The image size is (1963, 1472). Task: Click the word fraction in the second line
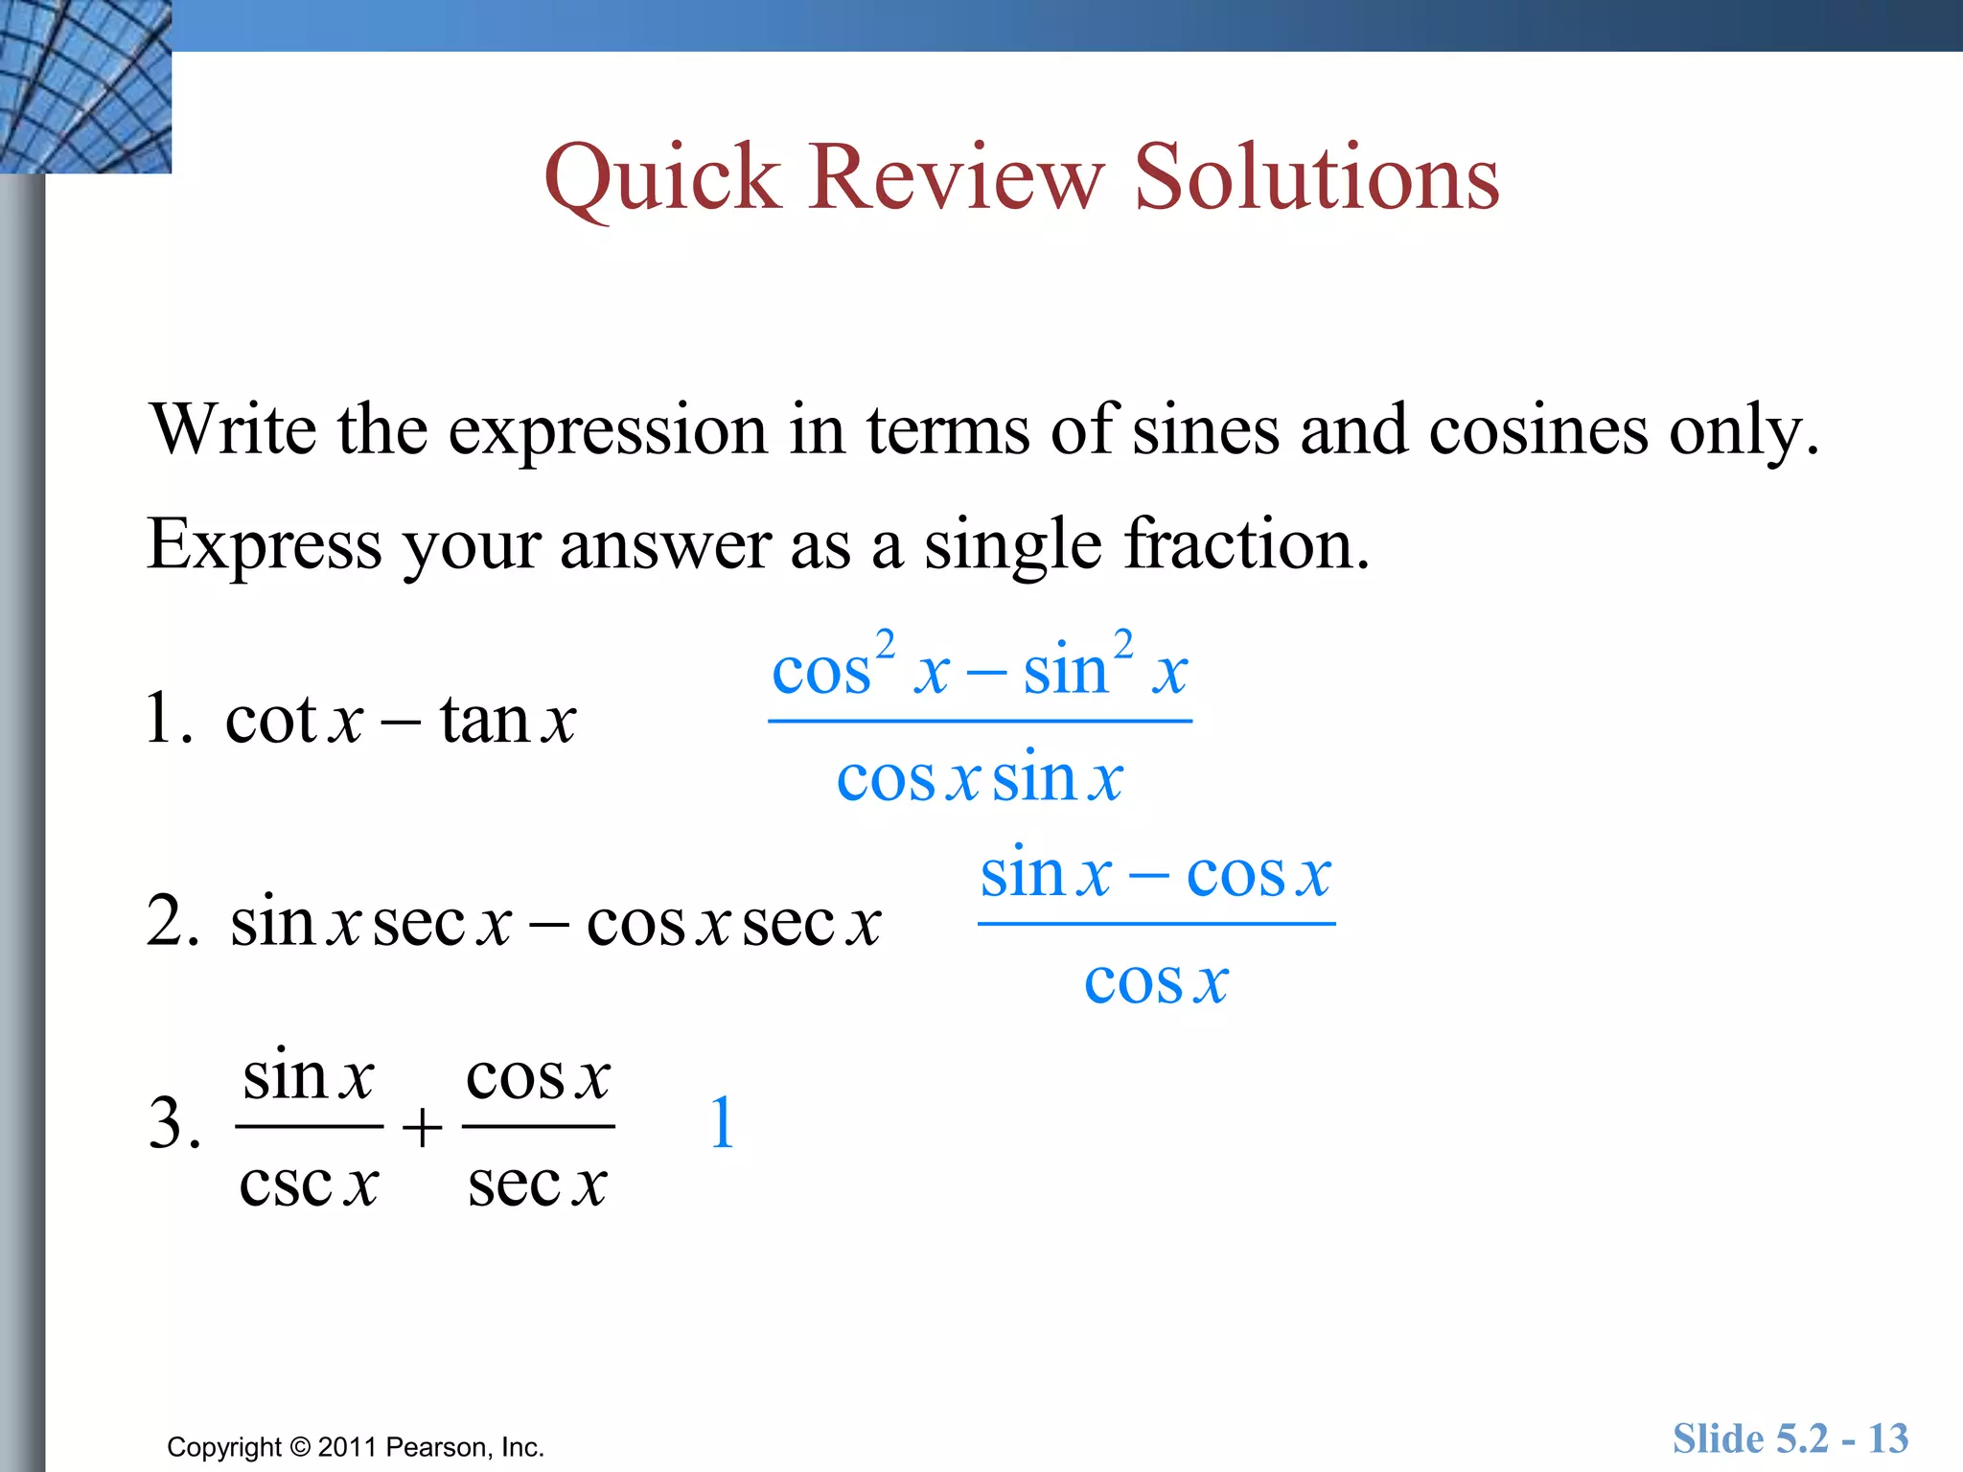(x=1246, y=544)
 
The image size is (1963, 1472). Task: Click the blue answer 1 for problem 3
(x=723, y=1123)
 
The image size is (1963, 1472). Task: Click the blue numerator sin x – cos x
(x=1155, y=874)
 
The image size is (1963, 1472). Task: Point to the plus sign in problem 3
(x=422, y=1127)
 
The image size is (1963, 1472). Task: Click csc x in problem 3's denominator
(x=309, y=1184)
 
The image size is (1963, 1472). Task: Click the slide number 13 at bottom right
(x=1887, y=1438)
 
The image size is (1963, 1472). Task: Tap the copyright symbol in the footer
(x=300, y=1447)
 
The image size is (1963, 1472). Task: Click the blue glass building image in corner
(x=84, y=86)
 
